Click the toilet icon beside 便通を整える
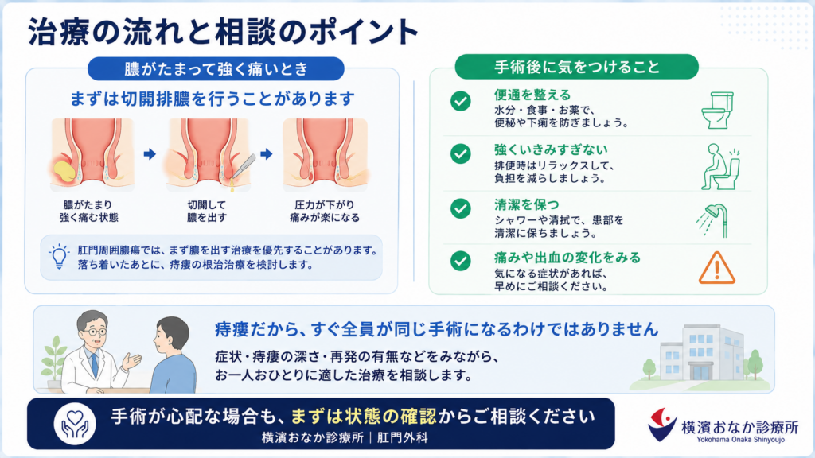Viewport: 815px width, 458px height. [717, 110]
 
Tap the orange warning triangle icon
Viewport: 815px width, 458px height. [717, 268]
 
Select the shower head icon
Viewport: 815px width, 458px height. [713, 220]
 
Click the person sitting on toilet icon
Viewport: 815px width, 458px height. [719, 167]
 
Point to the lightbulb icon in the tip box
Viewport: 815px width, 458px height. [59, 256]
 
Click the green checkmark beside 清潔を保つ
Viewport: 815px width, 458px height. [461, 209]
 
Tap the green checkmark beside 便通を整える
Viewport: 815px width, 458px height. [461, 101]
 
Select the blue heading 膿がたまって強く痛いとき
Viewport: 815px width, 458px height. [216, 69]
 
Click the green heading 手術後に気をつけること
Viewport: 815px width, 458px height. [576, 67]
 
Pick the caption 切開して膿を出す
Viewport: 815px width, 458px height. [207, 212]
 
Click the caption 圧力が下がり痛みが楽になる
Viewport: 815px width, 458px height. [325, 212]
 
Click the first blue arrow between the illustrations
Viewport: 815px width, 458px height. [150, 153]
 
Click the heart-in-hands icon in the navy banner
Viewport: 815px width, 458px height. [75, 424]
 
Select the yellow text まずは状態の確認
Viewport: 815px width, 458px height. [363, 417]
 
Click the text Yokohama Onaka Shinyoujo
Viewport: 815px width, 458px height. [741, 440]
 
